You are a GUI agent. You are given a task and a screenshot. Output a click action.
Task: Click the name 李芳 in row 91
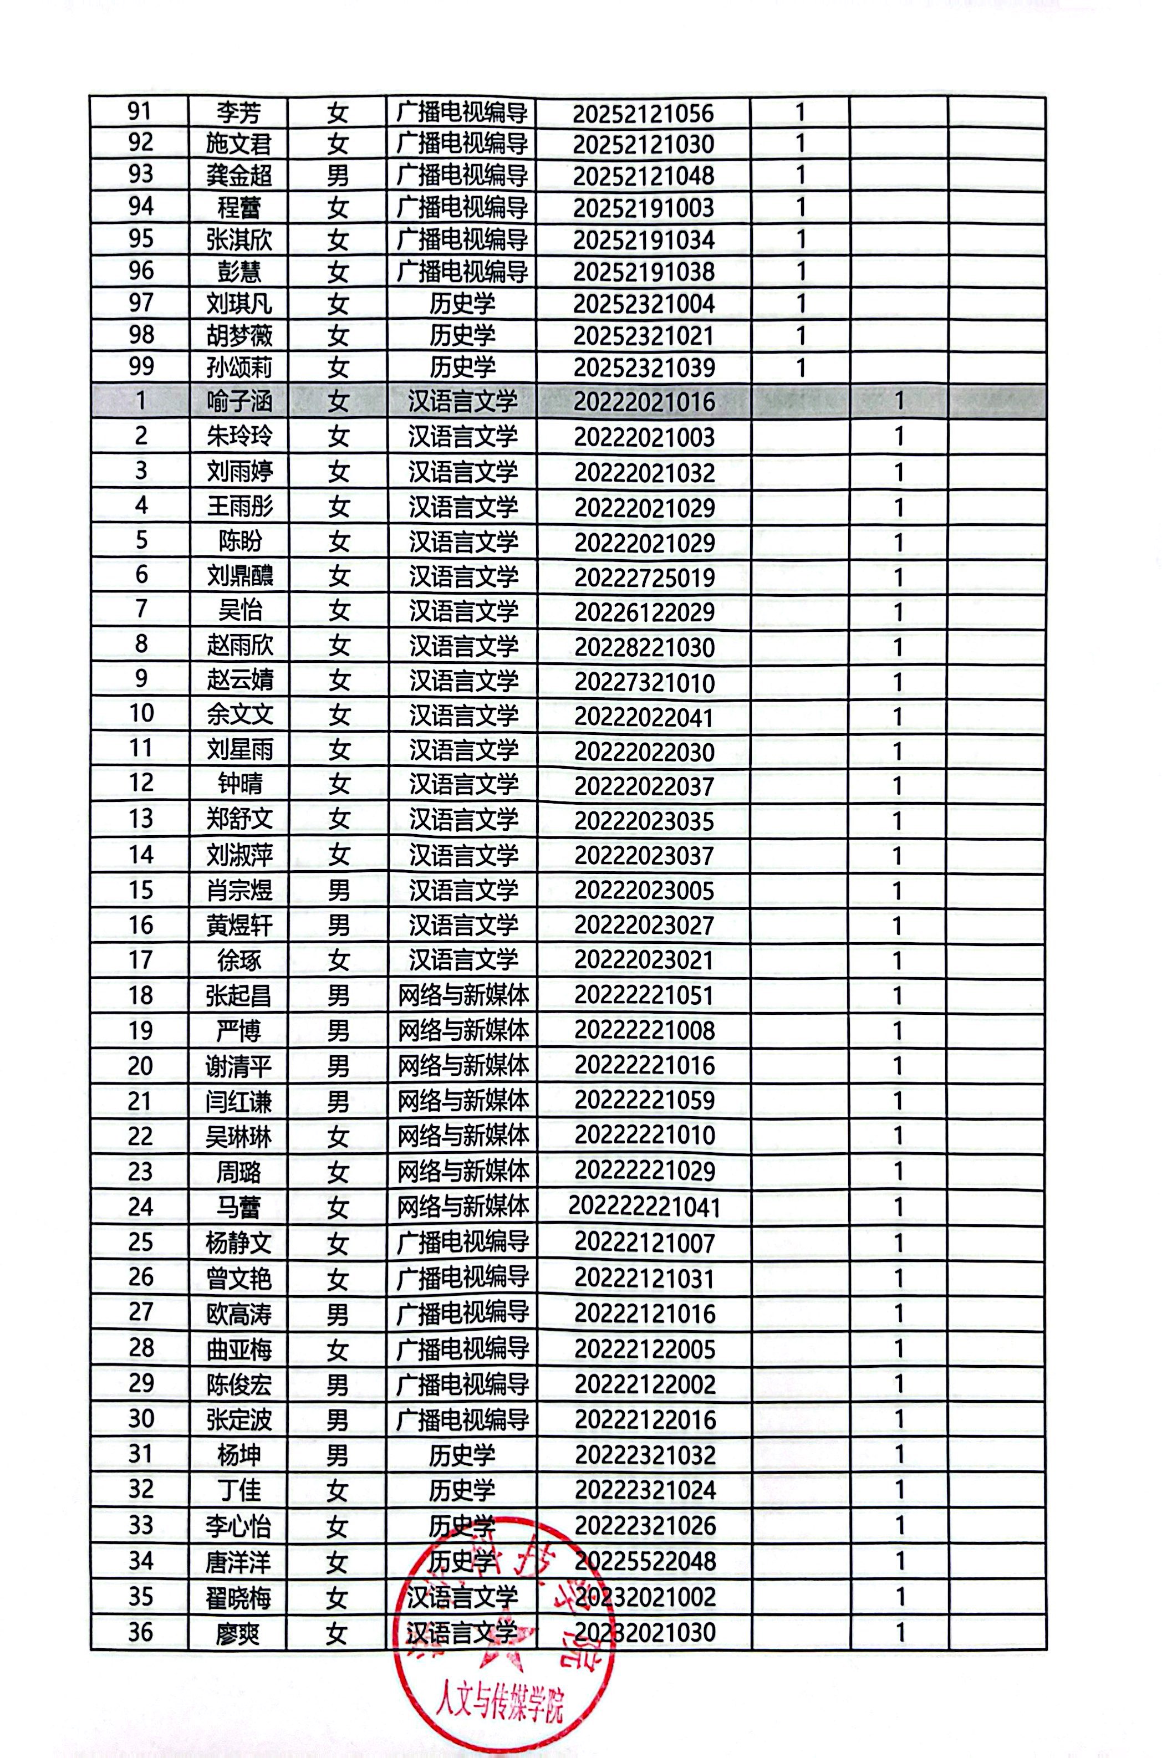[x=238, y=113]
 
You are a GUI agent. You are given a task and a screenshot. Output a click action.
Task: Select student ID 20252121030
[x=643, y=144]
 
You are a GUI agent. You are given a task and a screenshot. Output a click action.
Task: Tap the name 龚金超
[x=238, y=176]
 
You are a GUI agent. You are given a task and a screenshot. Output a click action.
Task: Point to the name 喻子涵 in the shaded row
[x=238, y=401]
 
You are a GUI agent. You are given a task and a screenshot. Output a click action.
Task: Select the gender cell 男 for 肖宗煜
[x=338, y=890]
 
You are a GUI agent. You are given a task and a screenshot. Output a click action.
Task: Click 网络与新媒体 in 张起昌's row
[x=462, y=995]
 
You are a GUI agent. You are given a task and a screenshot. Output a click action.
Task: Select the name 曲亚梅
[x=238, y=1348]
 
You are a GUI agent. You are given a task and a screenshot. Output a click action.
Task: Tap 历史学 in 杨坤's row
[x=462, y=1455]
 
